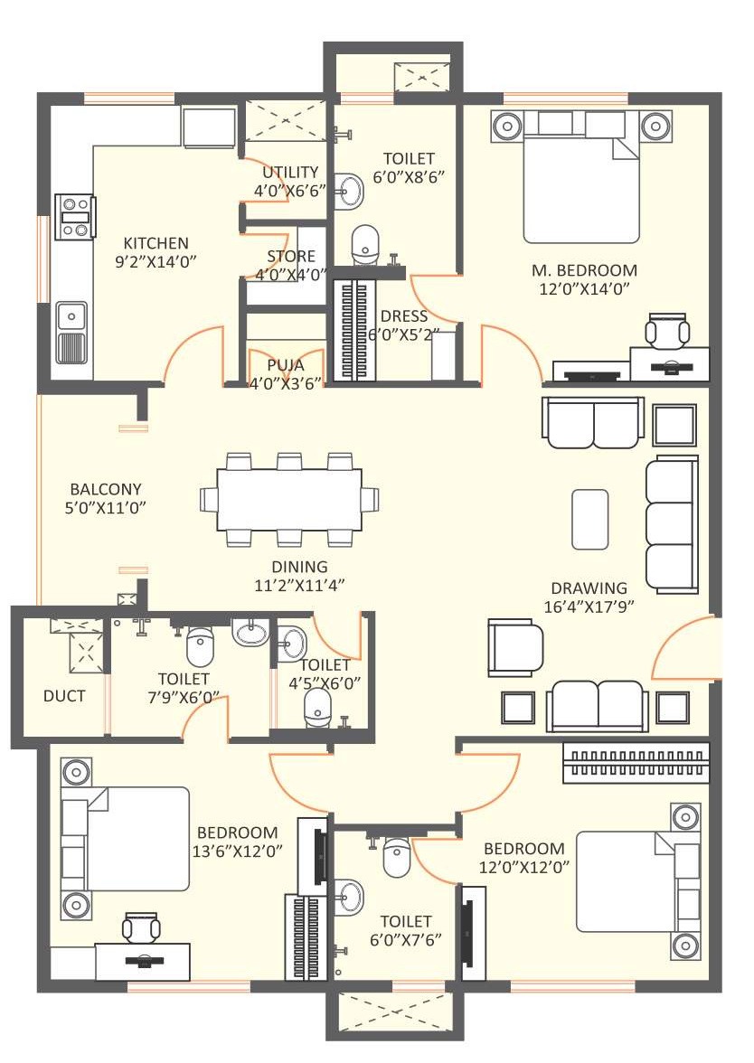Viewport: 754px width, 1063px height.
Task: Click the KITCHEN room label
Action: [x=156, y=242]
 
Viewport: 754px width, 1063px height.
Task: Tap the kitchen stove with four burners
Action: [x=74, y=217]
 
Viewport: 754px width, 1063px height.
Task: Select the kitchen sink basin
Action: [x=71, y=316]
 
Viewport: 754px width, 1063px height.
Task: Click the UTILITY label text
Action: [x=290, y=172]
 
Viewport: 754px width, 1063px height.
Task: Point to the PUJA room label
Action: [x=286, y=365]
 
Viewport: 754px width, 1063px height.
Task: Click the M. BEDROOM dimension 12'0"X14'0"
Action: [x=584, y=288]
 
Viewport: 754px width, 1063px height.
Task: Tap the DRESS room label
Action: [x=404, y=316]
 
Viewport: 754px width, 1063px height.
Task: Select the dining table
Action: [x=289, y=501]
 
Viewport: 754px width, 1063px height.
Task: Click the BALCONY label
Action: [x=106, y=489]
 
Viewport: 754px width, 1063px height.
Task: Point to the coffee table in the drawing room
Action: [x=589, y=519]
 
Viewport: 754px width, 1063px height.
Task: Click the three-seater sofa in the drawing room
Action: [x=671, y=524]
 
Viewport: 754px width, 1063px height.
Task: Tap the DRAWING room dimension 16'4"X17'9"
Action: [x=589, y=606]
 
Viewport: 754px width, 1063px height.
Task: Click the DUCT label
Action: [x=64, y=696]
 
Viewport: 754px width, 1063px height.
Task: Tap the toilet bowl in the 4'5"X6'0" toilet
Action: [x=316, y=708]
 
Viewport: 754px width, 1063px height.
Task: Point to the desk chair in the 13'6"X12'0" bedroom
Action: [x=142, y=927]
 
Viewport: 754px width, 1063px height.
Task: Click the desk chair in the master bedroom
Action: [x=667, y=330]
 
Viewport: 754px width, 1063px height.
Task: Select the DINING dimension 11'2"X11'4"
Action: [x=299, y=584]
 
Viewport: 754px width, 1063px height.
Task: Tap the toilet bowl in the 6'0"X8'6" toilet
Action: [x=366, y=244]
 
